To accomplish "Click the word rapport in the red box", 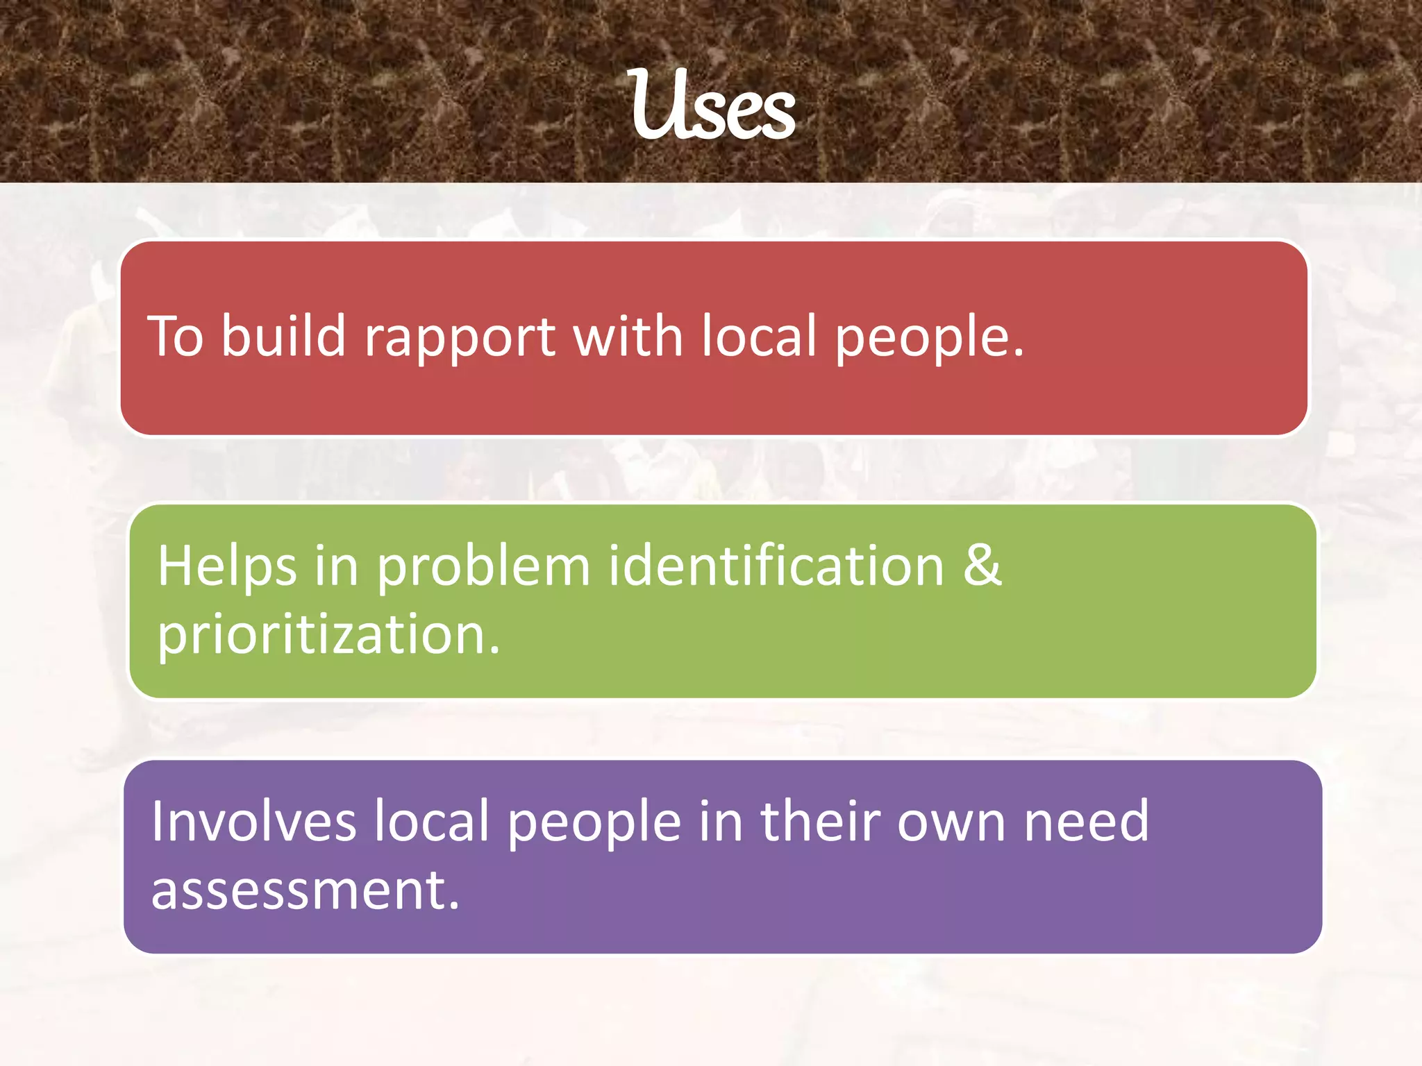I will (460, 337).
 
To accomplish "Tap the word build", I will (283, 336).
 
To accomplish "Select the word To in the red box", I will (176, 336).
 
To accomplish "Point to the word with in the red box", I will (628, 336).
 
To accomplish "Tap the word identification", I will (776, 565).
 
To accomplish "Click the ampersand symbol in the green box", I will (982, 565).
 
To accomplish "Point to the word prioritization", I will (328, 634).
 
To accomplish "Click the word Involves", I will (253, 821).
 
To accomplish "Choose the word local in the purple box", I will (432, 821).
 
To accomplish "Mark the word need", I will (1087, 821).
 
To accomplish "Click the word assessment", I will (305, 890).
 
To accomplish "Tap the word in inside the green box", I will (336, 565).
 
